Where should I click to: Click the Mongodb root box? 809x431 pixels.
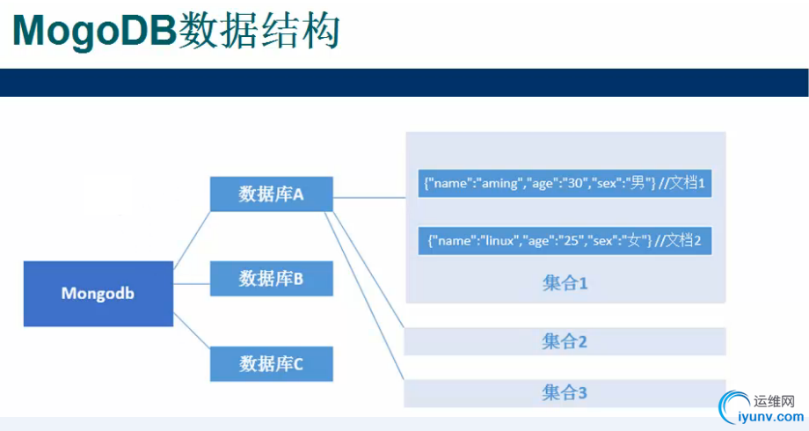pos(98,293)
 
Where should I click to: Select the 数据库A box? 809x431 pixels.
pos(272,194)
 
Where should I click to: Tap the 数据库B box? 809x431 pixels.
pos(272,278)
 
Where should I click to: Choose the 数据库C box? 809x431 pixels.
pos(272,364)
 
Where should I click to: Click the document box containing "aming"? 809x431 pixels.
pos(565,183)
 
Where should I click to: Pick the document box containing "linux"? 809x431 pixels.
pos(565,240)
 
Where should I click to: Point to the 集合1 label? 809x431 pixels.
pos(565,283)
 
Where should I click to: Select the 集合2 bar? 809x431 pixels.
pos(565,341)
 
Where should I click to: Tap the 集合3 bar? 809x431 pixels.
pos(565,393)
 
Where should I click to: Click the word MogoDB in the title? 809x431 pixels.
pos(95,31)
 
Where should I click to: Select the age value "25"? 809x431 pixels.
pos(572,240)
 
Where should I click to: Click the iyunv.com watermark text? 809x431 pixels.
pos(771,417)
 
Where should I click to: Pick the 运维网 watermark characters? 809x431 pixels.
pos(774,401)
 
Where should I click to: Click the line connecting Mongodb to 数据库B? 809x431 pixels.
pos(192,284)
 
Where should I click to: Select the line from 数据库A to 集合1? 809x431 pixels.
pos(369,197)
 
